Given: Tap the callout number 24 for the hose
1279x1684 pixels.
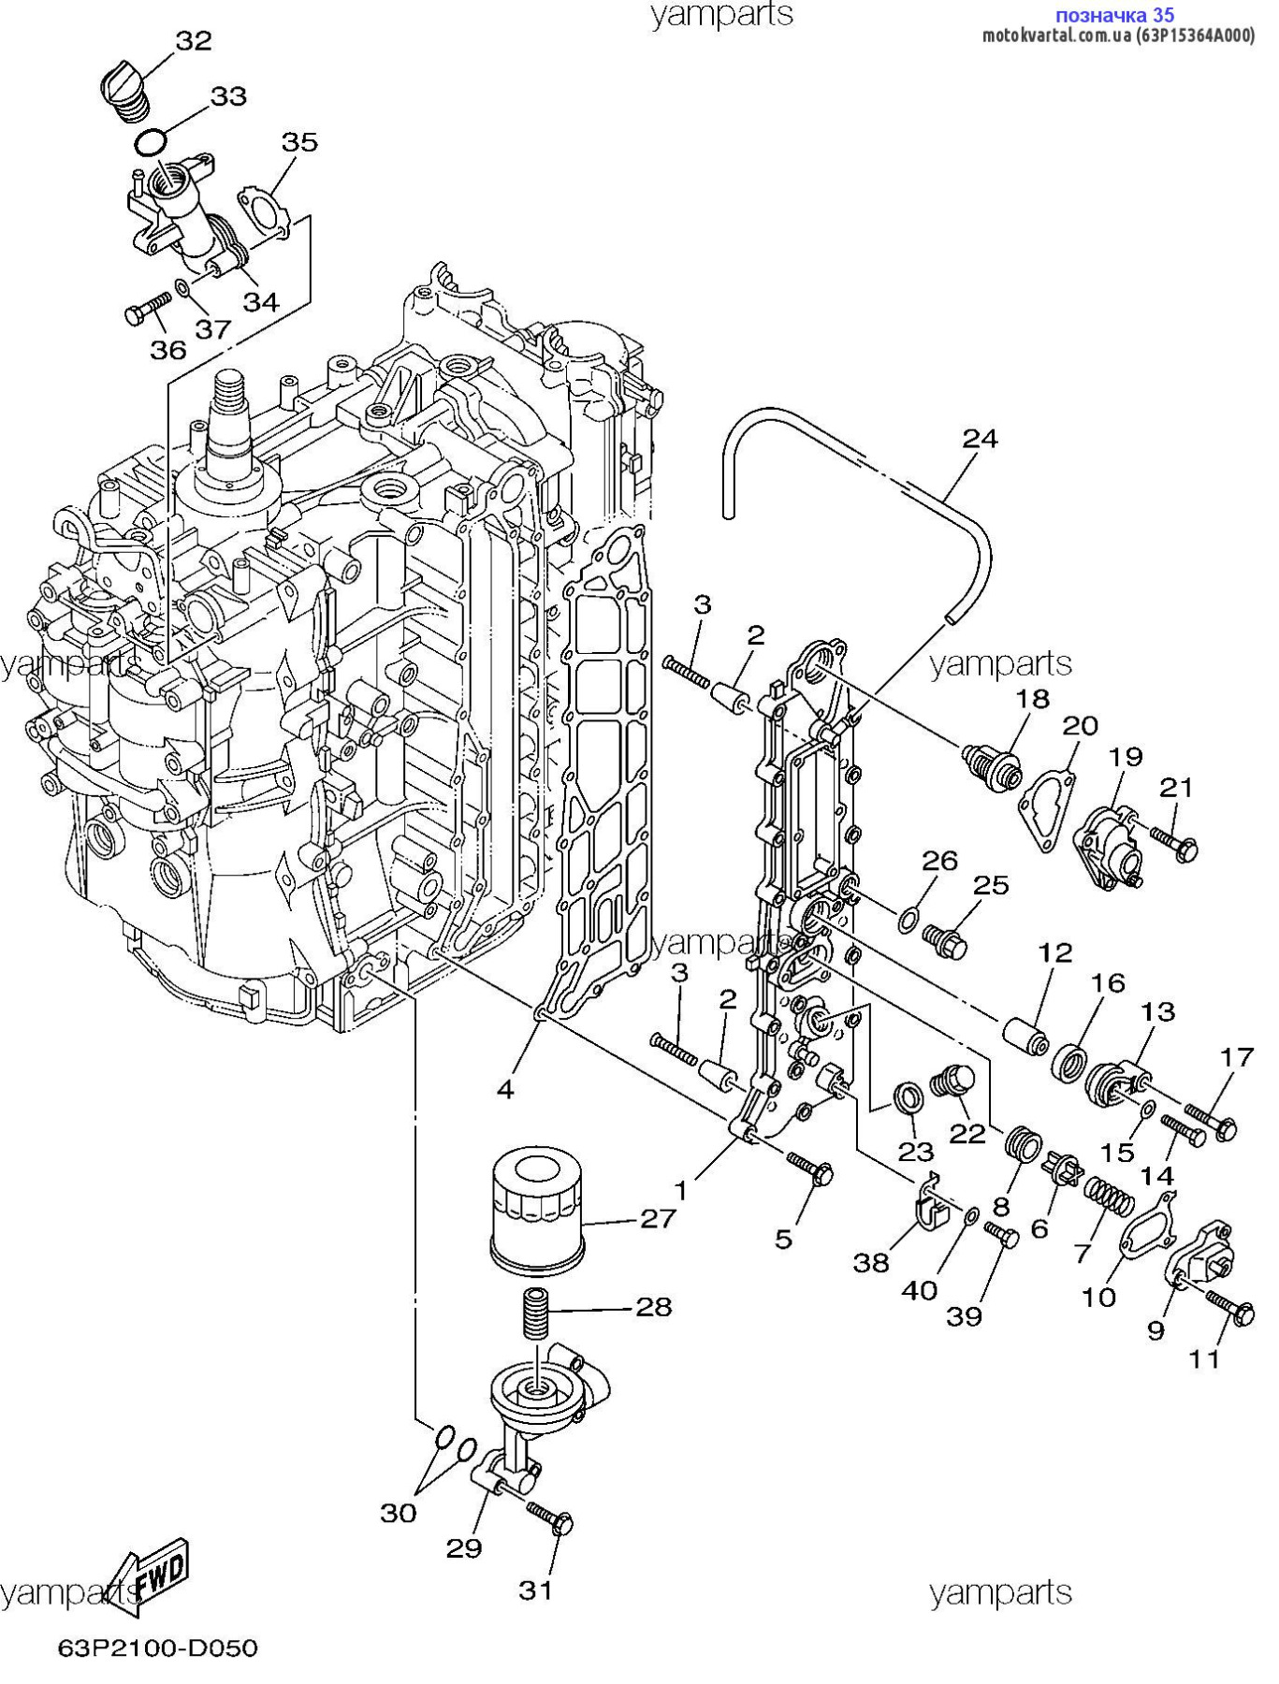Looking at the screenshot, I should coord(980,438).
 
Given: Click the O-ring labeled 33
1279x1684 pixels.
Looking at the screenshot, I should coord(151,142).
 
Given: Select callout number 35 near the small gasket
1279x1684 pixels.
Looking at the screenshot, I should coord(299,142).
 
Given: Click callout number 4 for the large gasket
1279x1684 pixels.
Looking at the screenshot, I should coord(505,1089).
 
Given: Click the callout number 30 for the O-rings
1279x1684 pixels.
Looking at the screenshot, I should coord(398,1513).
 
